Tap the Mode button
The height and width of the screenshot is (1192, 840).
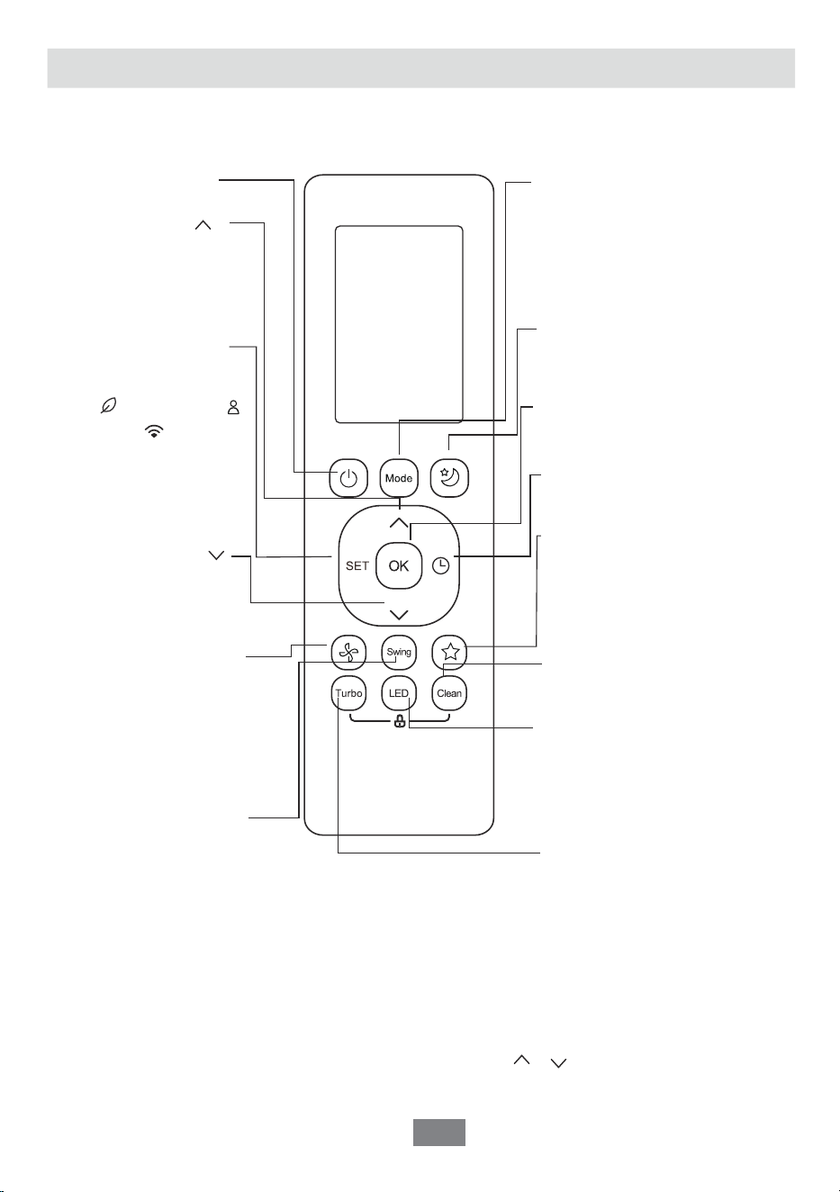pyautogui.click(x=399, y=478)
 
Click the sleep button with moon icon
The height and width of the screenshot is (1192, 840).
pyautogui.click(x=449, y=478)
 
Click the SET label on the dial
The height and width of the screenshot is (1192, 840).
pyautogui.click(x=357, y=565)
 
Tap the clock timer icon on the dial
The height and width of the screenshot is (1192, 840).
pyautogui.click(x=441, y=565)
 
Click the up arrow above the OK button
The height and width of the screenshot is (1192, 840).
pyautogui.click(x=399, y=523)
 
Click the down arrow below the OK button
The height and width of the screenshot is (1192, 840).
pyautogui.click(x=399, y=615)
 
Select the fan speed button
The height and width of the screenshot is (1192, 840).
pyautogui.click(x=348, y=653)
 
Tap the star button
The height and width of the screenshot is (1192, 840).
pyautogui.click(x=450, y=653)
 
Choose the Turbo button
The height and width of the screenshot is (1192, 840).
pyautogui.click(x=348, y=693)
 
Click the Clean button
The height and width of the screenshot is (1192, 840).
pyautogui.click(x=449, y=693)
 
